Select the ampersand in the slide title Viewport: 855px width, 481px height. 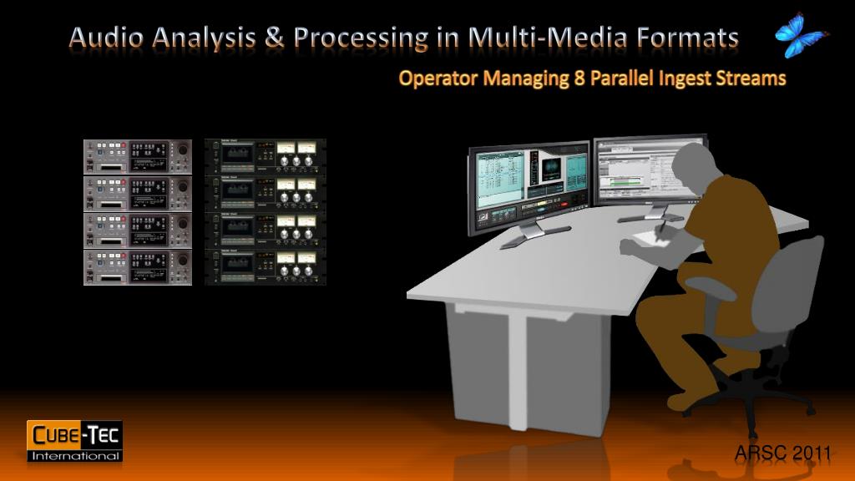point(275,38)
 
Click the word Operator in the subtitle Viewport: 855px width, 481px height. point(435,79)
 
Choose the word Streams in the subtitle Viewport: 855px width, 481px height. point(752,78)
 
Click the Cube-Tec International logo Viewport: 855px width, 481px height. point(75,440)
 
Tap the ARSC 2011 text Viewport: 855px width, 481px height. point(782,453)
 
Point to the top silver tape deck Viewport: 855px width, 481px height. point(138,156)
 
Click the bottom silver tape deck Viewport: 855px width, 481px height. point(138,268)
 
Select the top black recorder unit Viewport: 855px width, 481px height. point(266,156)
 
